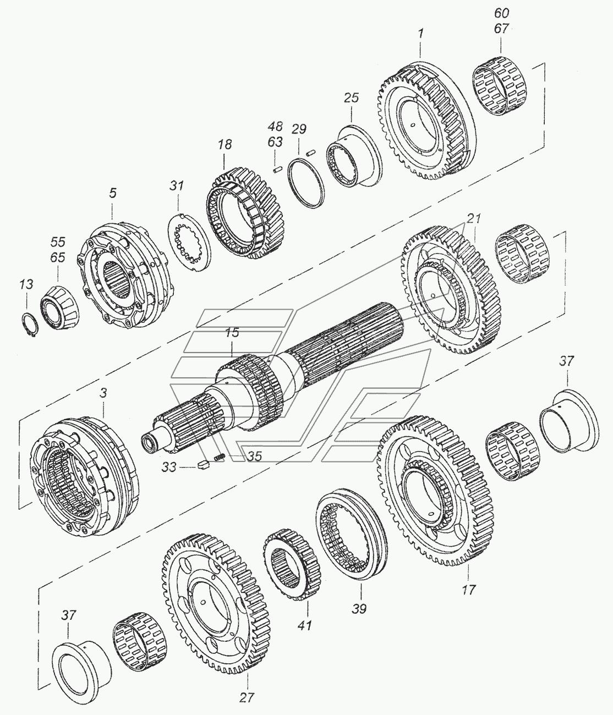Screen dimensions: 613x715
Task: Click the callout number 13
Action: coord(26,284)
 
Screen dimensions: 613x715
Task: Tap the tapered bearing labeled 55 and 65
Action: coord(60,308)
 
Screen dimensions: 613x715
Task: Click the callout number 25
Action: coord(351,98)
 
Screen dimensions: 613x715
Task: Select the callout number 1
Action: coord(420,34)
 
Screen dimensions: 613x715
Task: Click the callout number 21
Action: coord(474,218)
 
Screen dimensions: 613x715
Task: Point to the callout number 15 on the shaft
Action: coord(232,333)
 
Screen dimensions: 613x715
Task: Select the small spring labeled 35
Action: coord(220,457)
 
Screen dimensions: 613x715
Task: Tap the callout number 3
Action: coord(103,393)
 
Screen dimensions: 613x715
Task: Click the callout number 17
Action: coord(468,590)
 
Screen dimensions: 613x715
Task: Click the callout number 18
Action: coord(225,144)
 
